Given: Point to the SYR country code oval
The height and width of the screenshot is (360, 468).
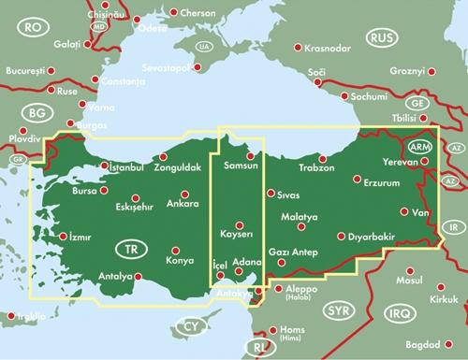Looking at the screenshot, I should (339, 310).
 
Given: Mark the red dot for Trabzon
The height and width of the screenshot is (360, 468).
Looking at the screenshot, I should (321, 158).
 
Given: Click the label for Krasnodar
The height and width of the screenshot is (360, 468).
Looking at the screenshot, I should (328, 47).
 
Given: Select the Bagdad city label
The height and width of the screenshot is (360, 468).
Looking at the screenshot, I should (437, 346).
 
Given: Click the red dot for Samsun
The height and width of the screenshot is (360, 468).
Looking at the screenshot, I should (250, 156).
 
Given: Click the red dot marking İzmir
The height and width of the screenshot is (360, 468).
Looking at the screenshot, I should (62, 237).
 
